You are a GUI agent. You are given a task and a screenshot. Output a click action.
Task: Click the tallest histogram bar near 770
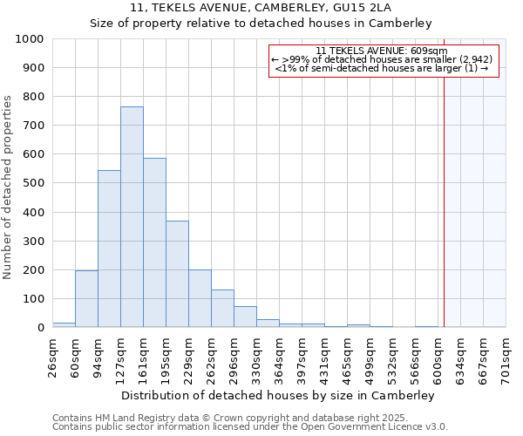pos(132,217)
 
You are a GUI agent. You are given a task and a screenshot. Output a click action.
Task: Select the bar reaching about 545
pos(109,249)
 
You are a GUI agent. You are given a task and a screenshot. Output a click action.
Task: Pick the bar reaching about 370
pos(177,274)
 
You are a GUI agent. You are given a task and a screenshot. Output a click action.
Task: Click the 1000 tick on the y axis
pos(30,39)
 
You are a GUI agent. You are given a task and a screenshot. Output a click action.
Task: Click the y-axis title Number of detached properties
pos(9,188)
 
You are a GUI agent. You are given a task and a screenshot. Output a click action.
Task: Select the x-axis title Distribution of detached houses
pos(279,395)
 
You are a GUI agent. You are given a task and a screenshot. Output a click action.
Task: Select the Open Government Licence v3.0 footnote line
pos(249,426)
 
